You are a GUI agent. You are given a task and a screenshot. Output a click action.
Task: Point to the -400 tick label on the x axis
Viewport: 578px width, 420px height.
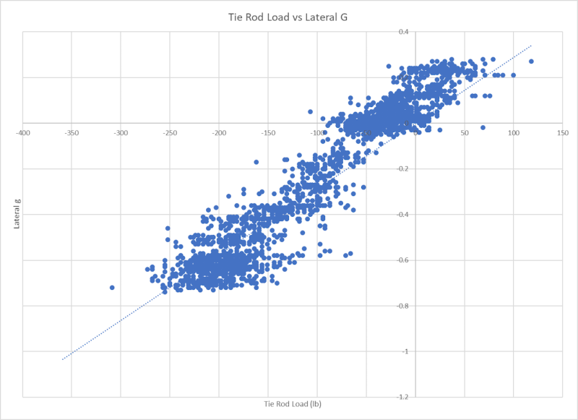(24, 133)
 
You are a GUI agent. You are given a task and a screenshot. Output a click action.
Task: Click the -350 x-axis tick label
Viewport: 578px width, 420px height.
(72, 133)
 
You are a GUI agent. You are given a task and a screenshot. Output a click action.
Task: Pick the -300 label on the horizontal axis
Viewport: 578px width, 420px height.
(121, 133)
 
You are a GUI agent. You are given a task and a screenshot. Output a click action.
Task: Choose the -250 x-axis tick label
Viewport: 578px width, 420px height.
(170, 133)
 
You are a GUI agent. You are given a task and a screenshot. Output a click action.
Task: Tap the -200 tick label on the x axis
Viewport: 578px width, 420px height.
(219, 133)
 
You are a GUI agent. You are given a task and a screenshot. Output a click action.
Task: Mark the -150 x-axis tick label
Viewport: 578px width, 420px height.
(268, 133)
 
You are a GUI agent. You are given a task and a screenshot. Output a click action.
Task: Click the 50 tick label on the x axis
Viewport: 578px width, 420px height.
(465, 133)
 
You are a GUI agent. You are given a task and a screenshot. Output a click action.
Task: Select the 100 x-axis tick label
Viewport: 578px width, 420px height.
(514, 133)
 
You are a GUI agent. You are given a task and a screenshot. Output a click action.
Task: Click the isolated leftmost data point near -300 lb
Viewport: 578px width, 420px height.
(112, 288)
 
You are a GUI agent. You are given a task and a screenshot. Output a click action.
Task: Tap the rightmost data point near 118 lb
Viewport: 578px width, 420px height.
(531, 61)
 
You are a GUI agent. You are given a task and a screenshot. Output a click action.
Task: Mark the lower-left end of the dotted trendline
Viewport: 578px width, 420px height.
(62, 359)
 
